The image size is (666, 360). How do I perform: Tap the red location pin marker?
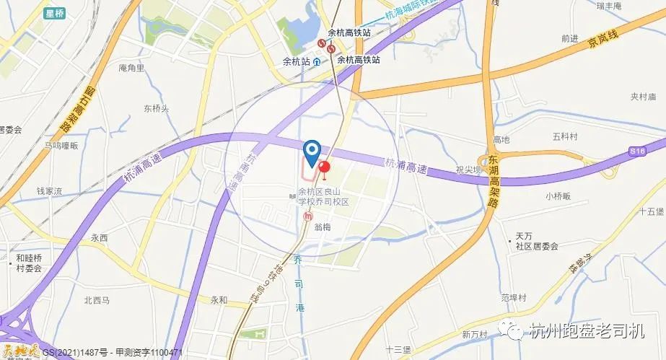point(324,170)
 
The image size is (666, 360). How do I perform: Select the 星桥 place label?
point(54,13)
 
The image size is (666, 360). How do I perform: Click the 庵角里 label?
point(131,69)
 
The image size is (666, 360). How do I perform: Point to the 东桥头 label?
point(156,109)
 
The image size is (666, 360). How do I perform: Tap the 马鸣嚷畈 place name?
point(61,145)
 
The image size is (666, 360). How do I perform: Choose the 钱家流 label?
point(49,191)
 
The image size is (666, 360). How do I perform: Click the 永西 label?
point(99,237)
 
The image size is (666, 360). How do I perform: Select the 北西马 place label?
point(96,300)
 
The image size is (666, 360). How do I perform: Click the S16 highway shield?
point(636,151)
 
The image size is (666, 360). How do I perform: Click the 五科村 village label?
point(566,136)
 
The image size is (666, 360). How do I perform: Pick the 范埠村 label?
point(514,297)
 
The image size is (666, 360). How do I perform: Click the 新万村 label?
point(476,334)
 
